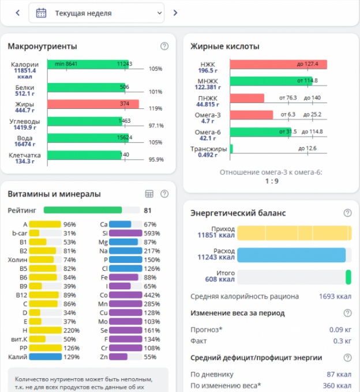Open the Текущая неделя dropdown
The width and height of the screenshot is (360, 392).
point(96,13)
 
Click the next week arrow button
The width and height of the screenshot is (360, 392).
point(175,13)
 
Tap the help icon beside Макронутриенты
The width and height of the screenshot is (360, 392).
point(164,47)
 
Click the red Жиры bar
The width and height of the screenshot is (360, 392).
point(93,104)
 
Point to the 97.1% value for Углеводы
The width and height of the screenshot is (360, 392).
point(156,125)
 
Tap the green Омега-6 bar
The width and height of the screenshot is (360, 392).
point(260,132)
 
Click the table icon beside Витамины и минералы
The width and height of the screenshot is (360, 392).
point(149,194)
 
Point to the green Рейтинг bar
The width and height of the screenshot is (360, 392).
point(82,210)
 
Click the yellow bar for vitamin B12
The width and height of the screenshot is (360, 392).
point(44,295)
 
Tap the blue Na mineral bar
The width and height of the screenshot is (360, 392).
point(125,251)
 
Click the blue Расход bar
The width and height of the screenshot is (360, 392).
point(291,255)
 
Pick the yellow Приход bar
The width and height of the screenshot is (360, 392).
point(294,233)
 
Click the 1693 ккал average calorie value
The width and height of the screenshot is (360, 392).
point(335,297)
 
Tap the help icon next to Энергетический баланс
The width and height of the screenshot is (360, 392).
point(347,213)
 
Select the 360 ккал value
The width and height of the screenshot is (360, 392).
point(337,385)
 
